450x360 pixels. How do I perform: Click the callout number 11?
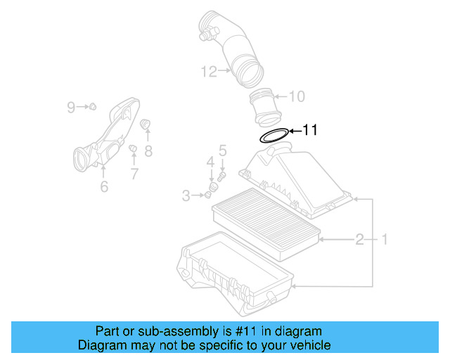pos(310,130)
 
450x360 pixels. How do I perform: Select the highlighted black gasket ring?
pos(274,136)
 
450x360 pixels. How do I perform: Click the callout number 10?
pos(297,96)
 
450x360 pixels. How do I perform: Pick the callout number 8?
pos(148,150)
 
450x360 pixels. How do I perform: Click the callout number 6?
pos(104,186)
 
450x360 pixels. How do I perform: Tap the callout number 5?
pos(222,150)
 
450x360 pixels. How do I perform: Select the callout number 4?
pos(210,163)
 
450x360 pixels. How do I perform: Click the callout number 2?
pos(359,240)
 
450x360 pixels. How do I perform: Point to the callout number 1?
pos(385,240)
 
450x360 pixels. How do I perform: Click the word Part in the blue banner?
pos(107,331)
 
